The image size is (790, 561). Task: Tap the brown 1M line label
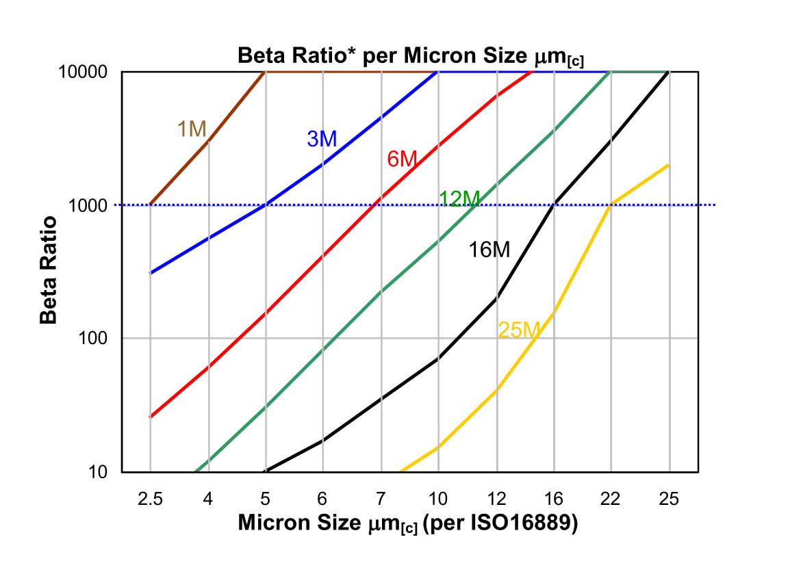pyautogui.click(x=192, y=129)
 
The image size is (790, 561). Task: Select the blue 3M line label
pyautogui.click(x=321, y=139)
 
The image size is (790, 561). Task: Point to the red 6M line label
pyautogui.click(x=402, y=159)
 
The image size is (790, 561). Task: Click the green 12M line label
pyautogui.click(x=459, y=199)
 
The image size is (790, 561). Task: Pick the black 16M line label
pyautogui.click(x=489, y=250)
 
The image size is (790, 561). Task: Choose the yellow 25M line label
pyautogui.click(x=520, y=330)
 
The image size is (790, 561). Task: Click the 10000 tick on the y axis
pyautogui.click(x=89, y=72)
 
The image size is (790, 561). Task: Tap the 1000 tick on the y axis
pyautogui.click(x=94, y=205)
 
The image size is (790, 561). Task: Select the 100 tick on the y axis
pyautogui.click(x=98, y=339)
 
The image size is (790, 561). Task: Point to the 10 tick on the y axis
pyautogui.click(x=103, y=472)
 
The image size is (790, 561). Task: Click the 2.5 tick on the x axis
pyautogui.click(x=150, y=499)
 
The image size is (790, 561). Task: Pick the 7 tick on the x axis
pyautogui.click(x=381, y=499)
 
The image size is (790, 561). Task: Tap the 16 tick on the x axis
pyautogui.click(x=554, y=499)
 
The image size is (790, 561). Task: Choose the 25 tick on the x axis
pyautogui.click(x=669, y=499)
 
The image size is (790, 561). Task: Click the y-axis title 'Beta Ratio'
pyautogui.click(x=47, y=270)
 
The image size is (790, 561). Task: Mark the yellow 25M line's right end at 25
pyautogui.click(x=669, y=165)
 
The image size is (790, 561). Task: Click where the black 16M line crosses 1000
pyautogui.click(x=554, y=205)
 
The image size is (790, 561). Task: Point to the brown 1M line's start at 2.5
pyautogui.click(x=150, y=205)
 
